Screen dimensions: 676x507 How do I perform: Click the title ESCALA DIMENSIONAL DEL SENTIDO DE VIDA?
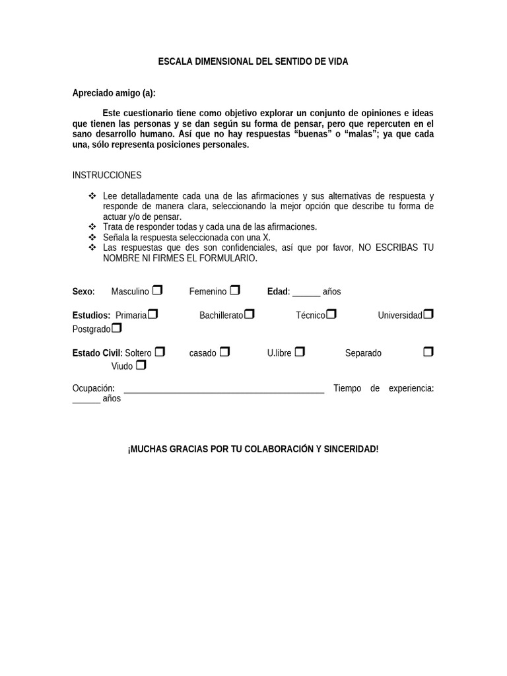point(253,61)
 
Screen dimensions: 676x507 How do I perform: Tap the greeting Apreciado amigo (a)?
point(114,93)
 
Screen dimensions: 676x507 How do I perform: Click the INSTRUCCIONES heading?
point(107,175)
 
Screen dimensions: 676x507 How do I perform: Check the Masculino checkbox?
point(157,290)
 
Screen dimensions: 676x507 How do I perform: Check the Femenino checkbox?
point(235,290)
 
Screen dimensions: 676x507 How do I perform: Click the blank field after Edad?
point(306,292)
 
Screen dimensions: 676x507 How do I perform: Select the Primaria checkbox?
point(153,314)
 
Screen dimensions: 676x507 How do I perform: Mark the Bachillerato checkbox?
point(250,314)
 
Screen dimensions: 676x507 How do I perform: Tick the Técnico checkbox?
point(331,314)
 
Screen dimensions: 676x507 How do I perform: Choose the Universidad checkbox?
point(428,314)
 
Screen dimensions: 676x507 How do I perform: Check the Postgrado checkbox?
point(117,327)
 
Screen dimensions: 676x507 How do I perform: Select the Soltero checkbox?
point(160,351)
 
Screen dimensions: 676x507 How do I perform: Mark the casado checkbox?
point(224,351)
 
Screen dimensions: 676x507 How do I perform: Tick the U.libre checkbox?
point(300,351)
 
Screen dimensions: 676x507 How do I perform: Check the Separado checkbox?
point(428,351)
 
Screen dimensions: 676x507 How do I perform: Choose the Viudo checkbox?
point(141,364)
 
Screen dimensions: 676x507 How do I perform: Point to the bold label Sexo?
point(83,291)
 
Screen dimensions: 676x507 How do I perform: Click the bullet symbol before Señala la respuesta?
point(92,237)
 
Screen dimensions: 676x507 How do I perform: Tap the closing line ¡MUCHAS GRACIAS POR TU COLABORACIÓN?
point(253,449)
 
